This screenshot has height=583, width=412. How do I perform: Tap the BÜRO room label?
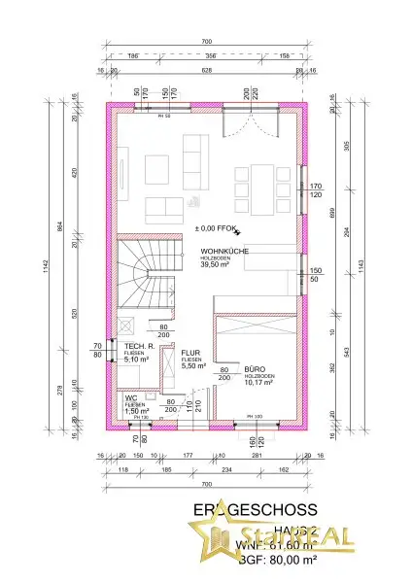[256, 370]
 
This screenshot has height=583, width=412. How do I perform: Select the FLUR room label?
[189, 353]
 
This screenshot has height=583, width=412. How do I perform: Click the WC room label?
[130, 397]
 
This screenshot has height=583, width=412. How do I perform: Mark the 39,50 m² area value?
[218, 264]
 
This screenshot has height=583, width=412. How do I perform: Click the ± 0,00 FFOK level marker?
[216, 229]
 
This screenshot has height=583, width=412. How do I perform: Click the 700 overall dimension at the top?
[205, 43]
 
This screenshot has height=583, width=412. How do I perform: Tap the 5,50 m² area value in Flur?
[190, 366]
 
